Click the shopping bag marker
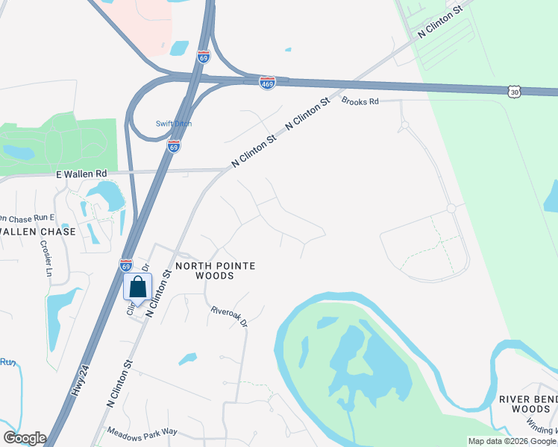pyautogui.click(x=138, y=287)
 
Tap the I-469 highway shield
pyautogui.click(x=268, y=82)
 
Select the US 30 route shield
pyautogui.click(x=513, y=91)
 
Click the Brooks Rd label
pyautogui.click(x=360, y=101)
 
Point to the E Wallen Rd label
pyautogui.click(x=82, y=174)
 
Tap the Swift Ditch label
pyautogui.click(x=174, y=124)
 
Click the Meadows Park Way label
pyautogui.click(x=142, y=431)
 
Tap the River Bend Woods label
pyautogui.click(x=528, y=405)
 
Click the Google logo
pyautogui.click(x=25, y=438)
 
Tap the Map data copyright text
pyautogui.click(x=512, y=441)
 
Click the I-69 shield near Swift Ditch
pyautogui.click(x=173, y=146)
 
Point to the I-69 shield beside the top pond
pyautogui.click(x=203, y=56)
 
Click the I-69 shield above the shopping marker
pyautogui.click(x=126, y=264)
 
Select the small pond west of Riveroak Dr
pyautogui.click(x=187, y=359)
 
